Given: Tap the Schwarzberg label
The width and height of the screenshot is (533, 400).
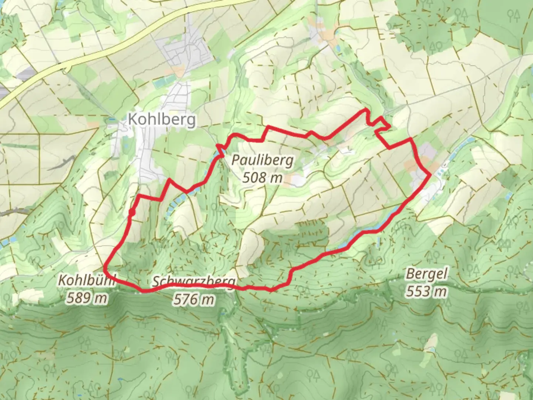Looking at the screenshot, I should click(194, 282).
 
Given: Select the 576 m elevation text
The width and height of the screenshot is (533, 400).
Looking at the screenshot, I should click(194, 299).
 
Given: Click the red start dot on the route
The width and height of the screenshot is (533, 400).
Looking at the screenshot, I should click(131, 212).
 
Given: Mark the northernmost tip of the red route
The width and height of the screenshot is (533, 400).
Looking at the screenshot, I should click(366, 109).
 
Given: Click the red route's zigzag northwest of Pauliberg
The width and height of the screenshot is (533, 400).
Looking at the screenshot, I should click(221, 150).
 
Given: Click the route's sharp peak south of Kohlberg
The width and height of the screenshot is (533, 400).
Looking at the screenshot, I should click(169, 180).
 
